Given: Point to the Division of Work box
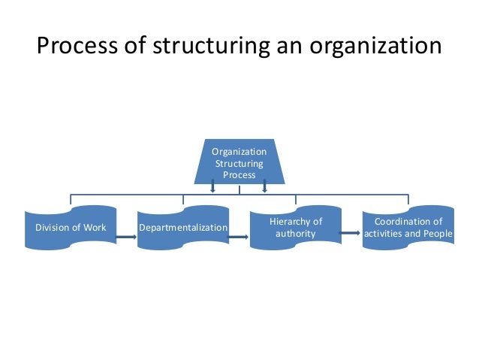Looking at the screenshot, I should (71, 227).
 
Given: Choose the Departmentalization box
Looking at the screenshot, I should (182, 227).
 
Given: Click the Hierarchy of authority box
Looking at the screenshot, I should (295, 227).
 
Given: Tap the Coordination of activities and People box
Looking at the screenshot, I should (408, 227).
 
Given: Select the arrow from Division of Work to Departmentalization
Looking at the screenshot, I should (126, 240).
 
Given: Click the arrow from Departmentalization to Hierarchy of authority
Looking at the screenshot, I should (239, 239).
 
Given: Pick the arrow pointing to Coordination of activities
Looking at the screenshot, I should (349, 234).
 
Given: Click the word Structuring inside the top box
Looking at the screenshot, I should (239, 163).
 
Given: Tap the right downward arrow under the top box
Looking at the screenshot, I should (264, 186).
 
